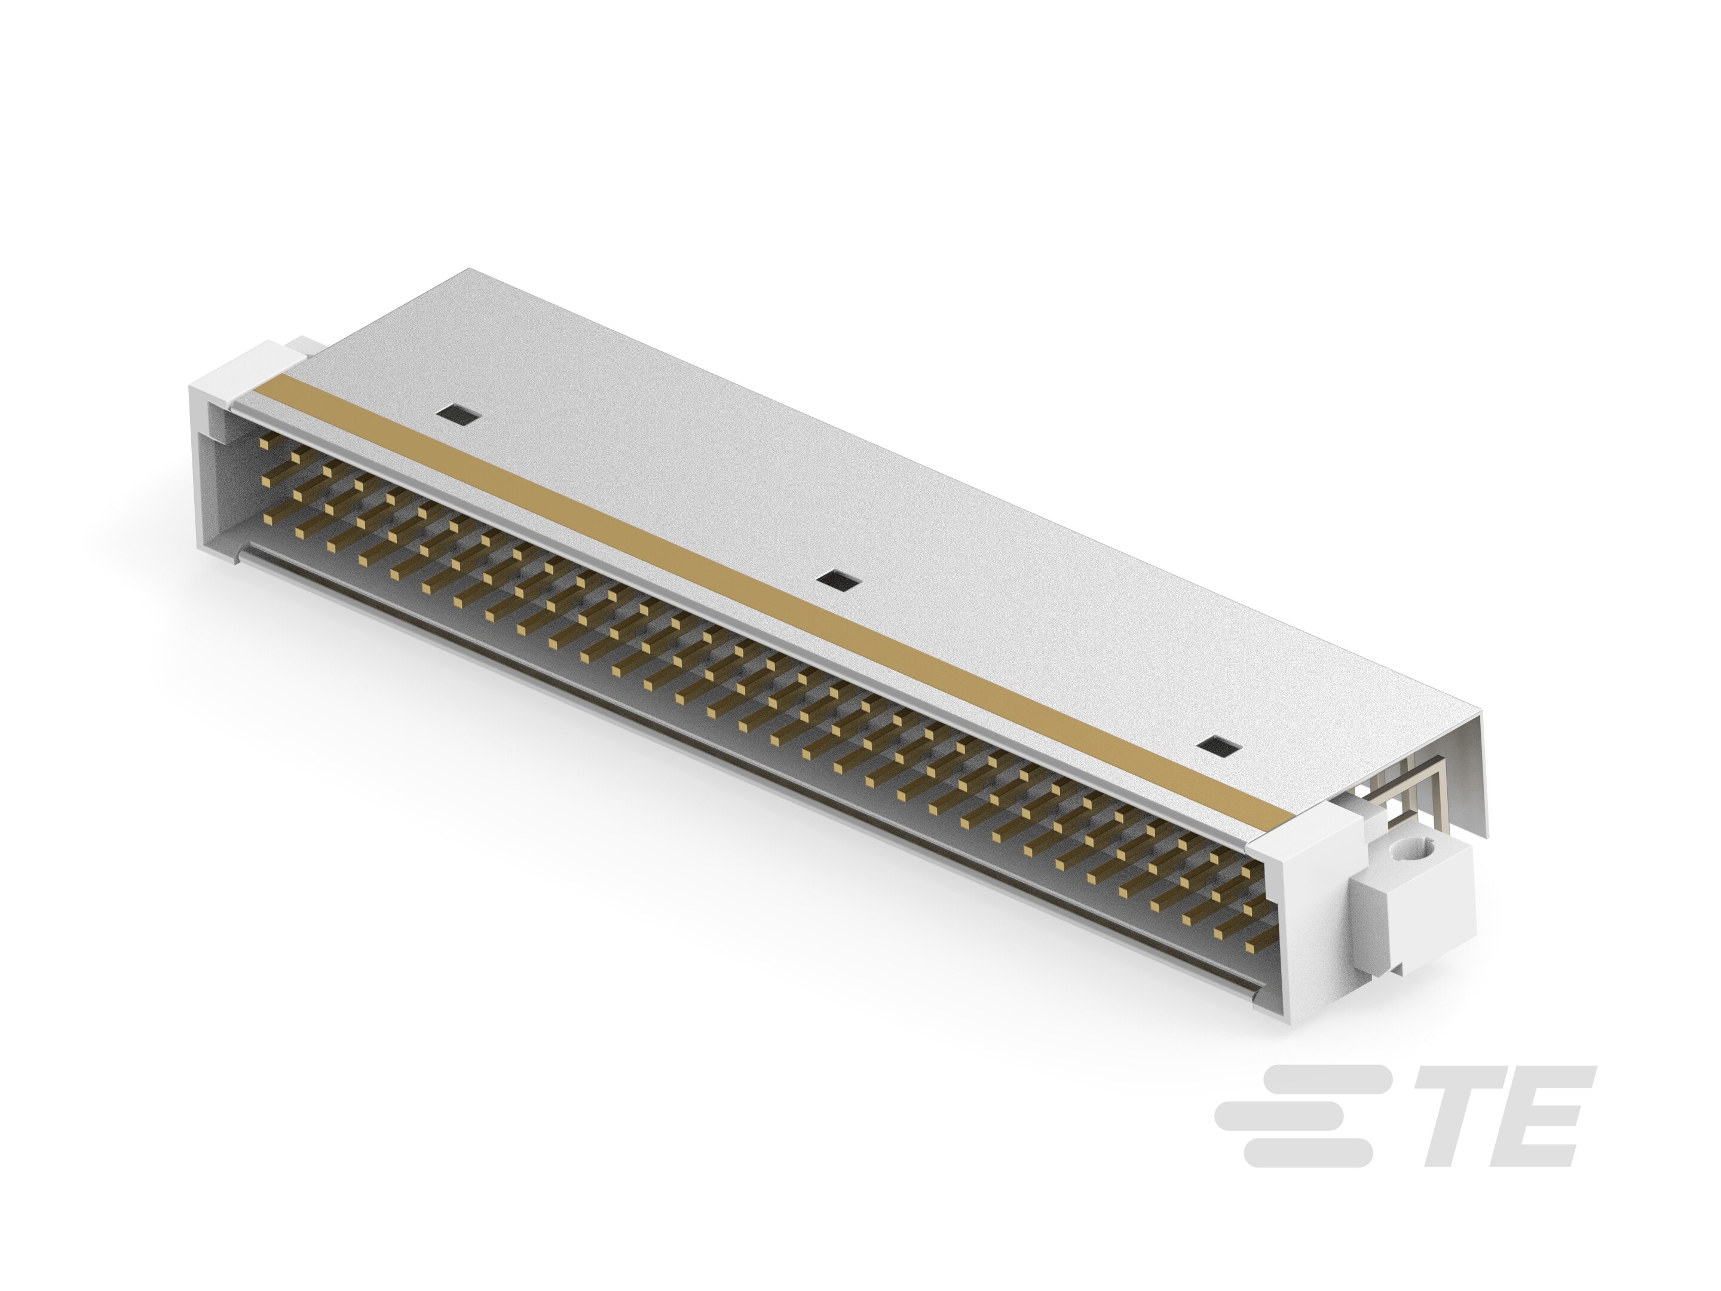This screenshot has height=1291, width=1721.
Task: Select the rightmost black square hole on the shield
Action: tap(1218, 747)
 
